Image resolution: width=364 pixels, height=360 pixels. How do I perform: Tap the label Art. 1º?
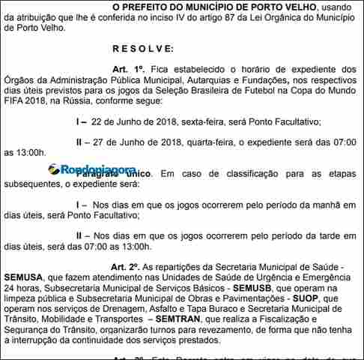pyautogui.click(x=127, y=68)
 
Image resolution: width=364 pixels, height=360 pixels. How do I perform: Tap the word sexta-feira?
pyautogui.click(x=207, y=121)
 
